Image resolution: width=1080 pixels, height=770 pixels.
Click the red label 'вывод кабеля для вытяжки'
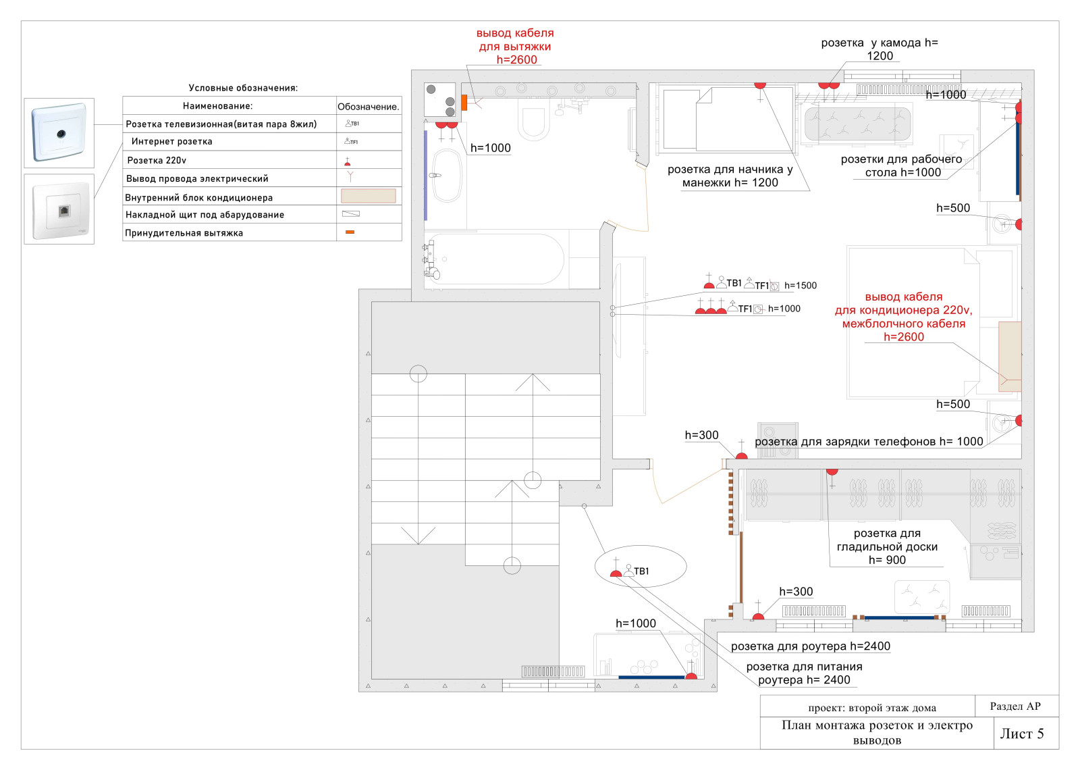click(515, 46)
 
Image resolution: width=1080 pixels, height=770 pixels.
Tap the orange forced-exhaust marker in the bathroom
click(464, 103)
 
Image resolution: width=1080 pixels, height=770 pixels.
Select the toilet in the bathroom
click(533, 122)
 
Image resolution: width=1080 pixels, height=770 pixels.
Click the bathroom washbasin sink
click(446, 176)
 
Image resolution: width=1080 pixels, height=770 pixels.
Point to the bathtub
click(496, 259)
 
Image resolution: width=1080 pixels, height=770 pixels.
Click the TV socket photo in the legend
click(59, 132)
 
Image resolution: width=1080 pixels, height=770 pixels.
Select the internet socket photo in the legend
click(59, 209)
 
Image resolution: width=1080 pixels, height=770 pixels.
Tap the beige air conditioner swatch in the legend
click(368, 197)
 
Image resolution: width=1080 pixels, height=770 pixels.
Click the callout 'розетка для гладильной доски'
click(887, 546)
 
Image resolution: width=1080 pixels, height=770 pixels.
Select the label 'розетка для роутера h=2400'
click(810, 646)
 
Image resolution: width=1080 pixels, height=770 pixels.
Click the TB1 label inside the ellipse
click(641, 571)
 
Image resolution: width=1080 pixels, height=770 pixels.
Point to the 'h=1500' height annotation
click(800, 286)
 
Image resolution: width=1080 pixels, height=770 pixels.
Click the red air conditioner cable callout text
click(903, 317)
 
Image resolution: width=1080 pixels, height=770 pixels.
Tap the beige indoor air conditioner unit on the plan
click(1009, 356)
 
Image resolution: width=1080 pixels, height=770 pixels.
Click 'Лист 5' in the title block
click(1021, 734)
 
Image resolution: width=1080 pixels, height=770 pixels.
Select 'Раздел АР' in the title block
click(1015, 707)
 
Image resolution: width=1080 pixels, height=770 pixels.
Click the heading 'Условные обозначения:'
click(243, 88)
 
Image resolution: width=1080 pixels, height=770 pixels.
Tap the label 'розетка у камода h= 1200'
click(879, 49)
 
